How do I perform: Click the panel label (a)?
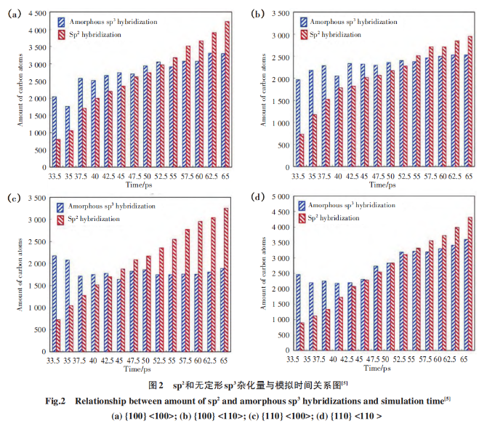tap(13, 14)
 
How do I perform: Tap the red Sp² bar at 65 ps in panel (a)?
tap(228, 94)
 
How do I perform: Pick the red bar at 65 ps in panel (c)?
tap(227, 279)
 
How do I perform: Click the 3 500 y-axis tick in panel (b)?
tap(279, 13)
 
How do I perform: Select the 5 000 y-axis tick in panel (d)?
tap(278, 196)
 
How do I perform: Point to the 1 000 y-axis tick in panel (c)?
tap(36, 308)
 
